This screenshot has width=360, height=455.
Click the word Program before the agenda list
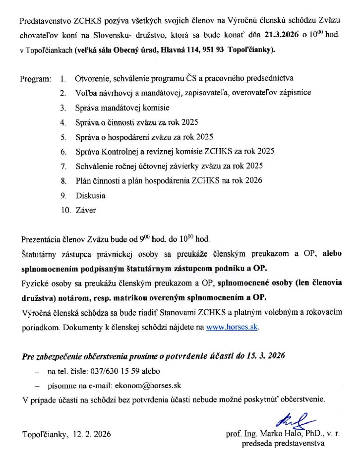point(35,79)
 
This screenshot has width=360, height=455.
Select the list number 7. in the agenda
point(63,166)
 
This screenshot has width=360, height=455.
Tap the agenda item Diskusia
point(90,195)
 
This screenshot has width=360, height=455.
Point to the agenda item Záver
point(85,210)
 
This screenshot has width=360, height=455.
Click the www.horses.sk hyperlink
point(233,327)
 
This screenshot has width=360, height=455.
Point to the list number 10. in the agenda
point(65,210)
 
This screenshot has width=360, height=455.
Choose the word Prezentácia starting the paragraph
point(41,240)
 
